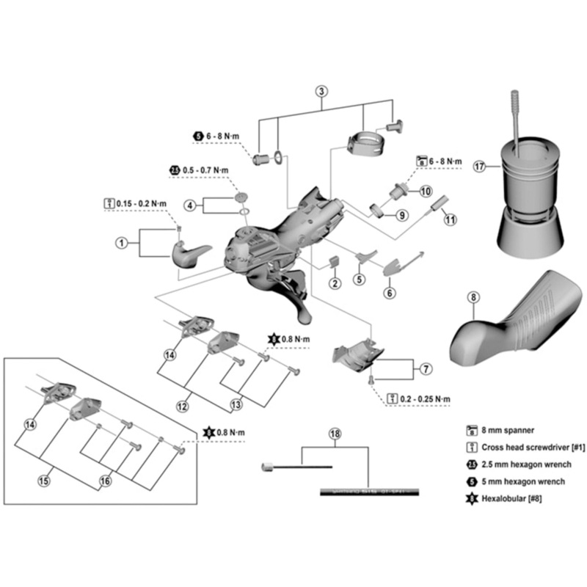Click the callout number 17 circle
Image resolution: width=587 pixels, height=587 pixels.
(x=479, y=167)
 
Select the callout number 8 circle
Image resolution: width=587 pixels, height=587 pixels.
(x=473, y=297)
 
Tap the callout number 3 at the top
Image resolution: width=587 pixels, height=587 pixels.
(x=321, y=92)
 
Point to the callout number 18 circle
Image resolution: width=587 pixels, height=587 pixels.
(x=335, y=434)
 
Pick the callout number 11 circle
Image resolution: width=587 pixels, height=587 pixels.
(x=450, y=219)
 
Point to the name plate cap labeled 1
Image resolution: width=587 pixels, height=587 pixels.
(x=189, y=255)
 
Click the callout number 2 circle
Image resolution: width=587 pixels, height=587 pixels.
(x=334, y=283)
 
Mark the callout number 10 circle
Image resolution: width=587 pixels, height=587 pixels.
(x=426, y=191)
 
